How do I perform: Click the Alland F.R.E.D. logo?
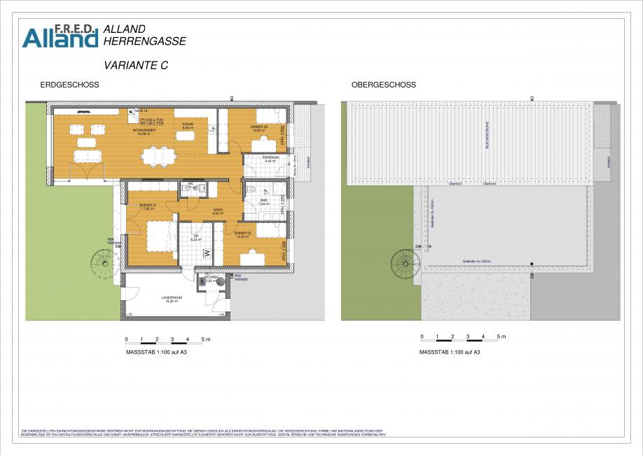tap(60, 36)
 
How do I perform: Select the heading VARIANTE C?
tap(135, 65)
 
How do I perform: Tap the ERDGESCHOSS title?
tap(69, 85)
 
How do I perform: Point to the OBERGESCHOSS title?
tap(383, 85)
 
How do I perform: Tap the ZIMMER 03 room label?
tap(259, 127)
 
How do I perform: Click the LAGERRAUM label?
tap(172, 297)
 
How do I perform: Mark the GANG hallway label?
tap(218, 210)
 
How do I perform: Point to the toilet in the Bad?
tap(251, 190)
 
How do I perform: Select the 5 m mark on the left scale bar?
tap(204, 339)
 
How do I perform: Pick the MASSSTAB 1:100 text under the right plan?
tap(449, 352)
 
